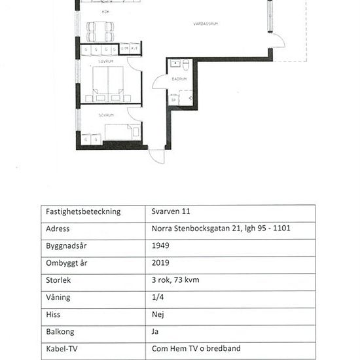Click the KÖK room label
pos(105,12)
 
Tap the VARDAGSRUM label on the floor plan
pos(205,24)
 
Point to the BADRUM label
pos(179,79)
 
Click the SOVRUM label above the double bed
pos(105,61)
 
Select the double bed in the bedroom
pos(108,84)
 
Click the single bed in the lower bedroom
pos(122,131)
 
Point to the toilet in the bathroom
pos(186,65)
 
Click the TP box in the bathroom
pos(175,99)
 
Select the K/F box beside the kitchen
pos(134,48)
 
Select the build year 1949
pos(160,246)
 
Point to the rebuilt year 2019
pos(160,263)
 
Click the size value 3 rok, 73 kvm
pos(175,280)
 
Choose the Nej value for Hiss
pos(157,314)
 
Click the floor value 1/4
pos(156,297)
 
